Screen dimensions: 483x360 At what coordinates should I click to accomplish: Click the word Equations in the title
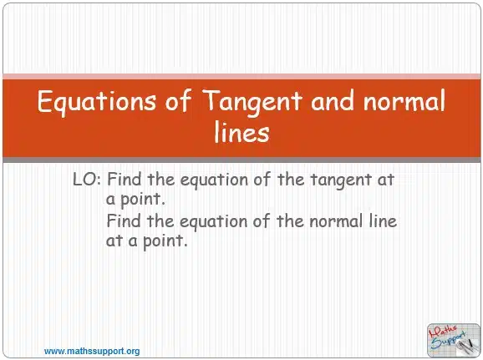(x=97, y=102)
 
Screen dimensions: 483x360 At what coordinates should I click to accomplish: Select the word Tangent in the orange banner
(x=252, y=102)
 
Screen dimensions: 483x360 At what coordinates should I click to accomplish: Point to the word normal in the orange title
(x=404, y=100)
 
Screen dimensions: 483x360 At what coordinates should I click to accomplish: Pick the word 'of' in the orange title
(x=179, y=100)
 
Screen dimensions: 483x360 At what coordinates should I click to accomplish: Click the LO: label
(x=87, y=180)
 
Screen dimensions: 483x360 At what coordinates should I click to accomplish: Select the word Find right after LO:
(x=125, y=179)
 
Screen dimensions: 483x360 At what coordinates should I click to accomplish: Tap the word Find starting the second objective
(x=124, y=221)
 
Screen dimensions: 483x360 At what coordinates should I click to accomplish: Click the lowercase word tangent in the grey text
(x=340, y=180)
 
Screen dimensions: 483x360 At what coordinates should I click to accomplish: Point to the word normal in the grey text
(x=336, y=221)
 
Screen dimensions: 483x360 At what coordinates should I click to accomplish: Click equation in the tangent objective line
(x=214, y=180)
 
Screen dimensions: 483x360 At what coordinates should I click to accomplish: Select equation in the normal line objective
(x=213, y=222)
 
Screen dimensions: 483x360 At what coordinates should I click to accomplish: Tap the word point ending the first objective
(x=143, y=200)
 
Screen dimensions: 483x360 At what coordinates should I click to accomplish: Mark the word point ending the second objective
(x=165, y=241)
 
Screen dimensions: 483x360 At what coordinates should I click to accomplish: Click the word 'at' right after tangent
(x=386, y=180)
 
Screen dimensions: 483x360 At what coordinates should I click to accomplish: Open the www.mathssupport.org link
(x=92, y=351)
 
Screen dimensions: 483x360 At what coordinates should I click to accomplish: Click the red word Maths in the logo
(x=444, y=331)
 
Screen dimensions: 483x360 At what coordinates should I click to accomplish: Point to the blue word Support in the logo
(x=448, y=340)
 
